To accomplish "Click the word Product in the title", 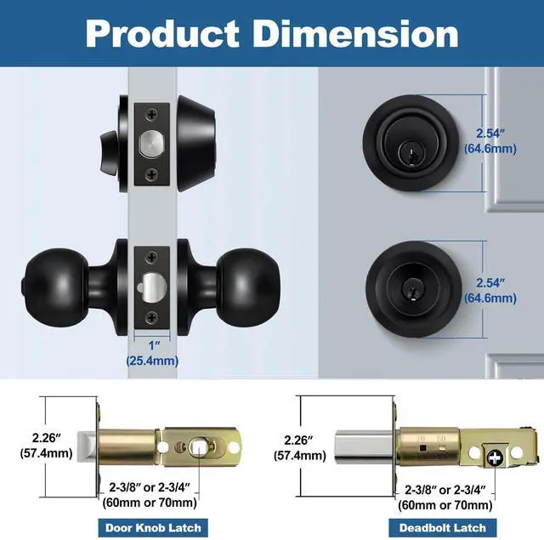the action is (x=162, y=34).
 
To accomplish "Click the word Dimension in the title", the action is (x=355, y=34).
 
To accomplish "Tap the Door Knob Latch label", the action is (x=153, y=528).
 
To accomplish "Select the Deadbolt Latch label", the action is (x=442, y=528).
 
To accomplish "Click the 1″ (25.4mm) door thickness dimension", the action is (x=152, y=353).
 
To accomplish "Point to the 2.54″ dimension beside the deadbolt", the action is (x=490, y=141).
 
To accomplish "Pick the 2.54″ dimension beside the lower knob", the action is (x=490, y=291).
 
